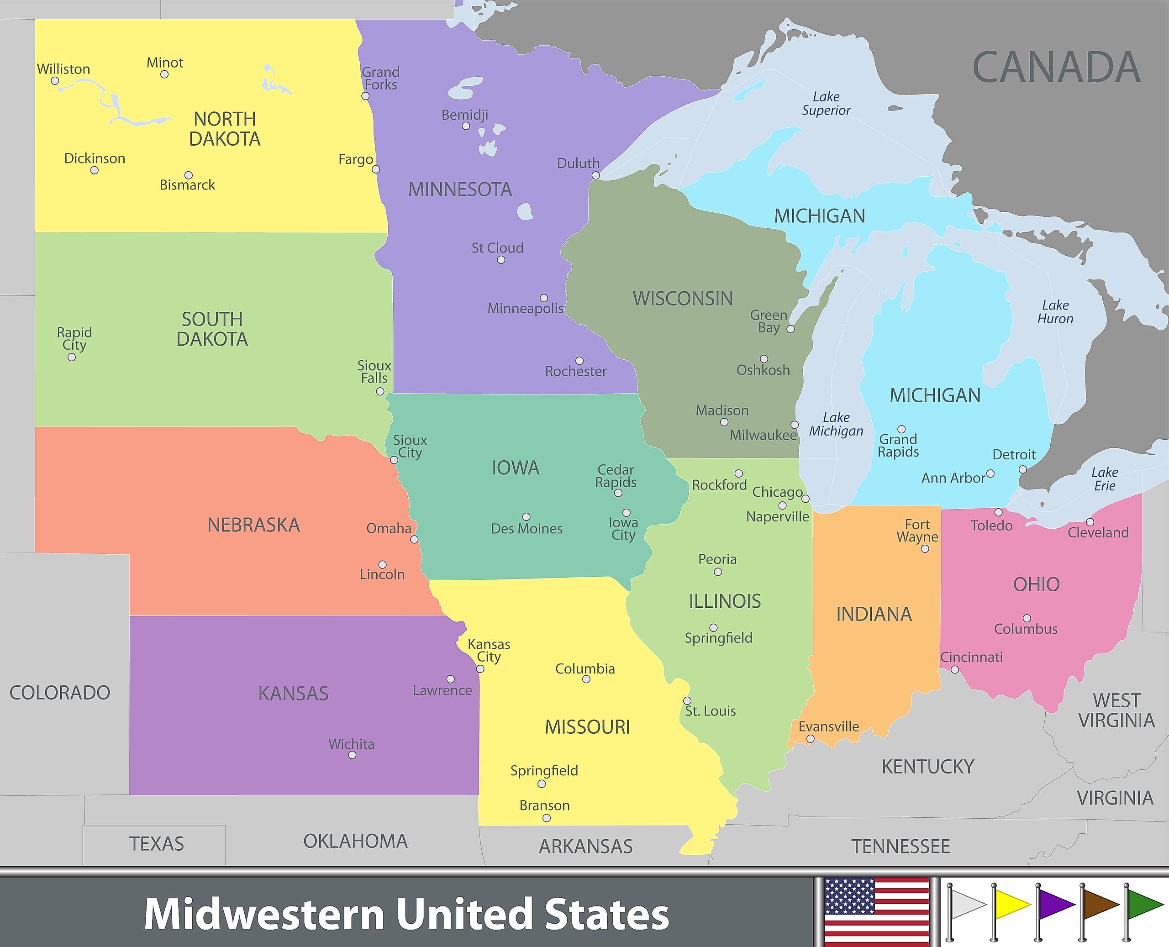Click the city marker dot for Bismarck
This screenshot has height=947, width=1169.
click(188, 175)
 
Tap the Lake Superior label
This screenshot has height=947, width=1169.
click(826, 104)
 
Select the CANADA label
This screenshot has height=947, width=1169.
click(1056, 68)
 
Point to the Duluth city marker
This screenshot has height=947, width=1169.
click(595, 176)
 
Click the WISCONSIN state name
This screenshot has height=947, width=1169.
click(682, 299)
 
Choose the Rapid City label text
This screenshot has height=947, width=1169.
click(74, 338)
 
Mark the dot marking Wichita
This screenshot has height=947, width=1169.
click(352, 755)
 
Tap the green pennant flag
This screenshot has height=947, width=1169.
click(1143, 905)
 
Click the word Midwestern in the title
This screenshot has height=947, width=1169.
click(264, 915)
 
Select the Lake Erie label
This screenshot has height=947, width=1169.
click(1105, 479)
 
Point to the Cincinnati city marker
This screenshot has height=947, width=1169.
click(955, 670)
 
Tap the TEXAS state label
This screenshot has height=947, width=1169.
click(157, 844)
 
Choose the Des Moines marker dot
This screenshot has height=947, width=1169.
click(527, 516)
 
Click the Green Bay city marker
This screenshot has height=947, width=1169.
click(790, 329)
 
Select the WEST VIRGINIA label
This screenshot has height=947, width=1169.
click(1116, 710)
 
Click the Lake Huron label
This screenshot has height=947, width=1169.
click(1055, 312)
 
